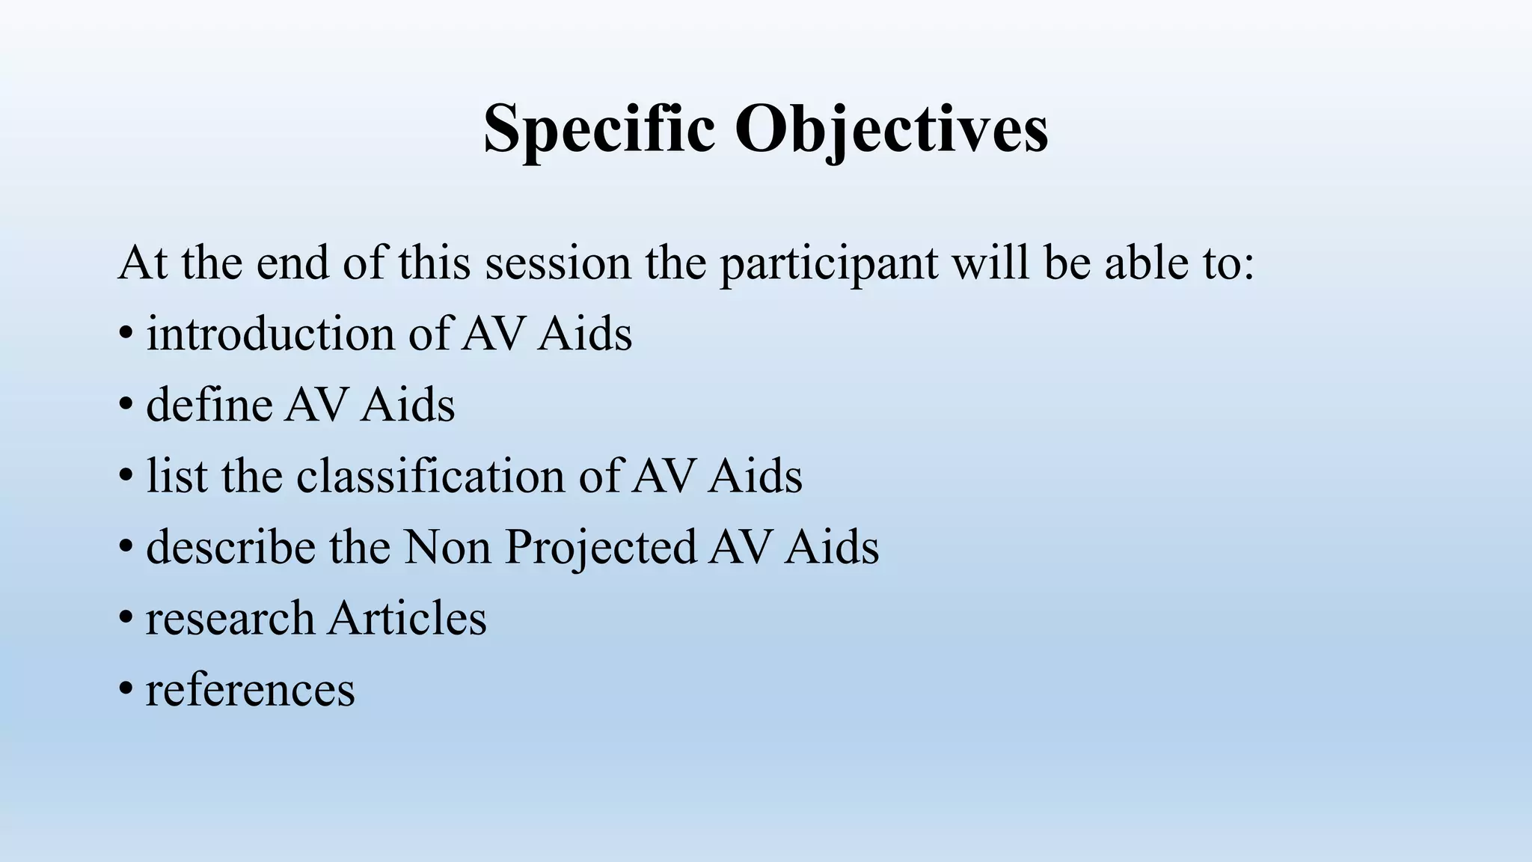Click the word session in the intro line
tap(557, 263)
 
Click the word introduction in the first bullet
tap(270, 334)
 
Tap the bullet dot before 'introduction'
tap(126, 334)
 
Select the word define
tap(209, 405)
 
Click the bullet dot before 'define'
tap(126, 405)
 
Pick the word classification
tap(430, 476)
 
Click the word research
tap(230, 619)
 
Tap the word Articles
tap(408, 618)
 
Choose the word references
tap(250, 690)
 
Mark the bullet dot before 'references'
tap(126, 690)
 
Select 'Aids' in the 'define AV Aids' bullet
tap(408, 405)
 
